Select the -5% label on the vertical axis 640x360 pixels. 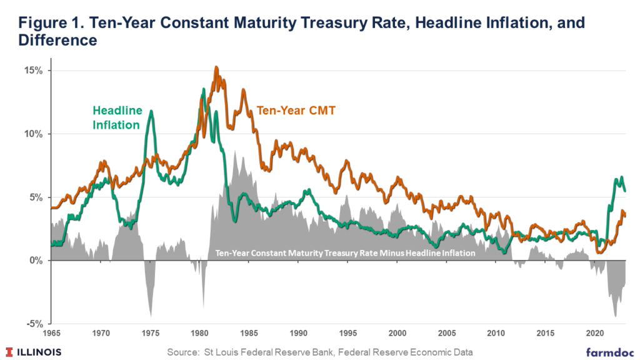(x=34, y=324)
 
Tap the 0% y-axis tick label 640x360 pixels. (x=36, y=261)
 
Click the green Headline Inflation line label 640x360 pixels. (x=117, y=117)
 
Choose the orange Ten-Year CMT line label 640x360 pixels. (x=296, y=111)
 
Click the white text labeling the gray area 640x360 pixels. (x=346, y=253)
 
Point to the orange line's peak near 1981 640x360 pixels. (x=216, y=67)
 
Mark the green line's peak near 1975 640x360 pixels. (x=151, y=111)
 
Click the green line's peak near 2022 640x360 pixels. (x=621, y=177)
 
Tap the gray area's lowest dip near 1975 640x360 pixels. (x=151, y=316)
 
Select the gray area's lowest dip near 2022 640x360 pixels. (x=616, y=316)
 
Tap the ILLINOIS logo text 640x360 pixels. (x=38, y=352)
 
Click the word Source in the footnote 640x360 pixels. (x=184, y=352)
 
